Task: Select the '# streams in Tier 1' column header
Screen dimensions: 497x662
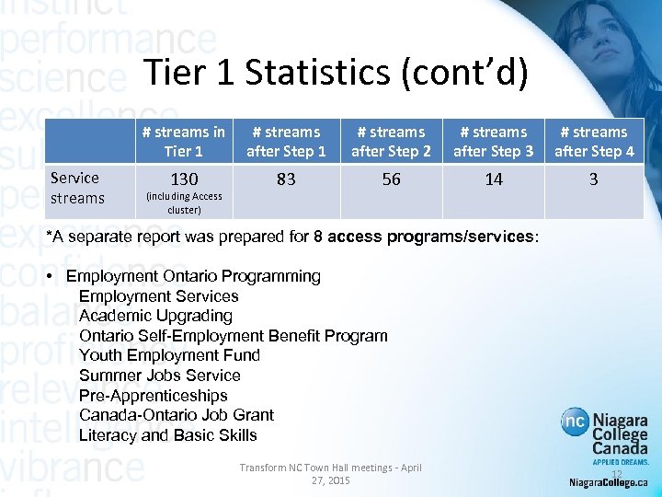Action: (183, 141)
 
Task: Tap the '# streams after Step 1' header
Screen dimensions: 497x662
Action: (286, 141)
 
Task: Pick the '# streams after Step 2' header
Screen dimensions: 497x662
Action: (391, 141)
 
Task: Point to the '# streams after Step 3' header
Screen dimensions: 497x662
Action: (494, 141)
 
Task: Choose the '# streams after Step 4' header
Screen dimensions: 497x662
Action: (593, 141)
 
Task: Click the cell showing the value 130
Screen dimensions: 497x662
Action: (182, 179)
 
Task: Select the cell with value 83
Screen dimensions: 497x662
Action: (286, 179)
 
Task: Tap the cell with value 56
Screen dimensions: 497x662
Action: (391, 179)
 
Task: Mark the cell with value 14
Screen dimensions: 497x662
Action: (494, 179)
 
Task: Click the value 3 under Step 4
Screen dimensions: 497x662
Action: (593, 179)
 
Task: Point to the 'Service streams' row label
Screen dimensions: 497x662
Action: (77, 188)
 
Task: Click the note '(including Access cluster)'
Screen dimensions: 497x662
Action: (182, 202)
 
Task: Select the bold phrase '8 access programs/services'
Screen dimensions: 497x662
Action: (423, 237)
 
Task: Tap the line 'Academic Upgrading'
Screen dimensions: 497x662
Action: (155, 316)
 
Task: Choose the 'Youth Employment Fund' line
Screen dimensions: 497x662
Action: (169, 355)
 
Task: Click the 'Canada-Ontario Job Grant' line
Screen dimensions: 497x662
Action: (177, 415)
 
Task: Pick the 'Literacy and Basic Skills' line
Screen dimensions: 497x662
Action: (168, 435)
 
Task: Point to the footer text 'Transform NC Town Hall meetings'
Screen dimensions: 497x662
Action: (330, 468)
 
